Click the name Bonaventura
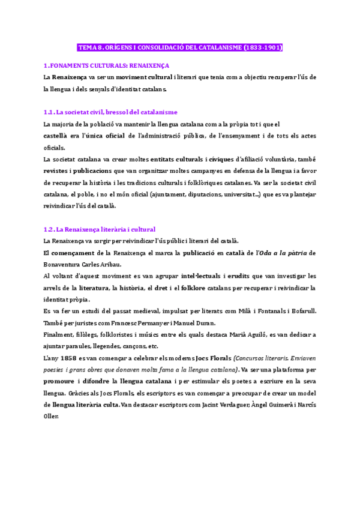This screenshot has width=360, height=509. pyautogui.click(x=66, y=264)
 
